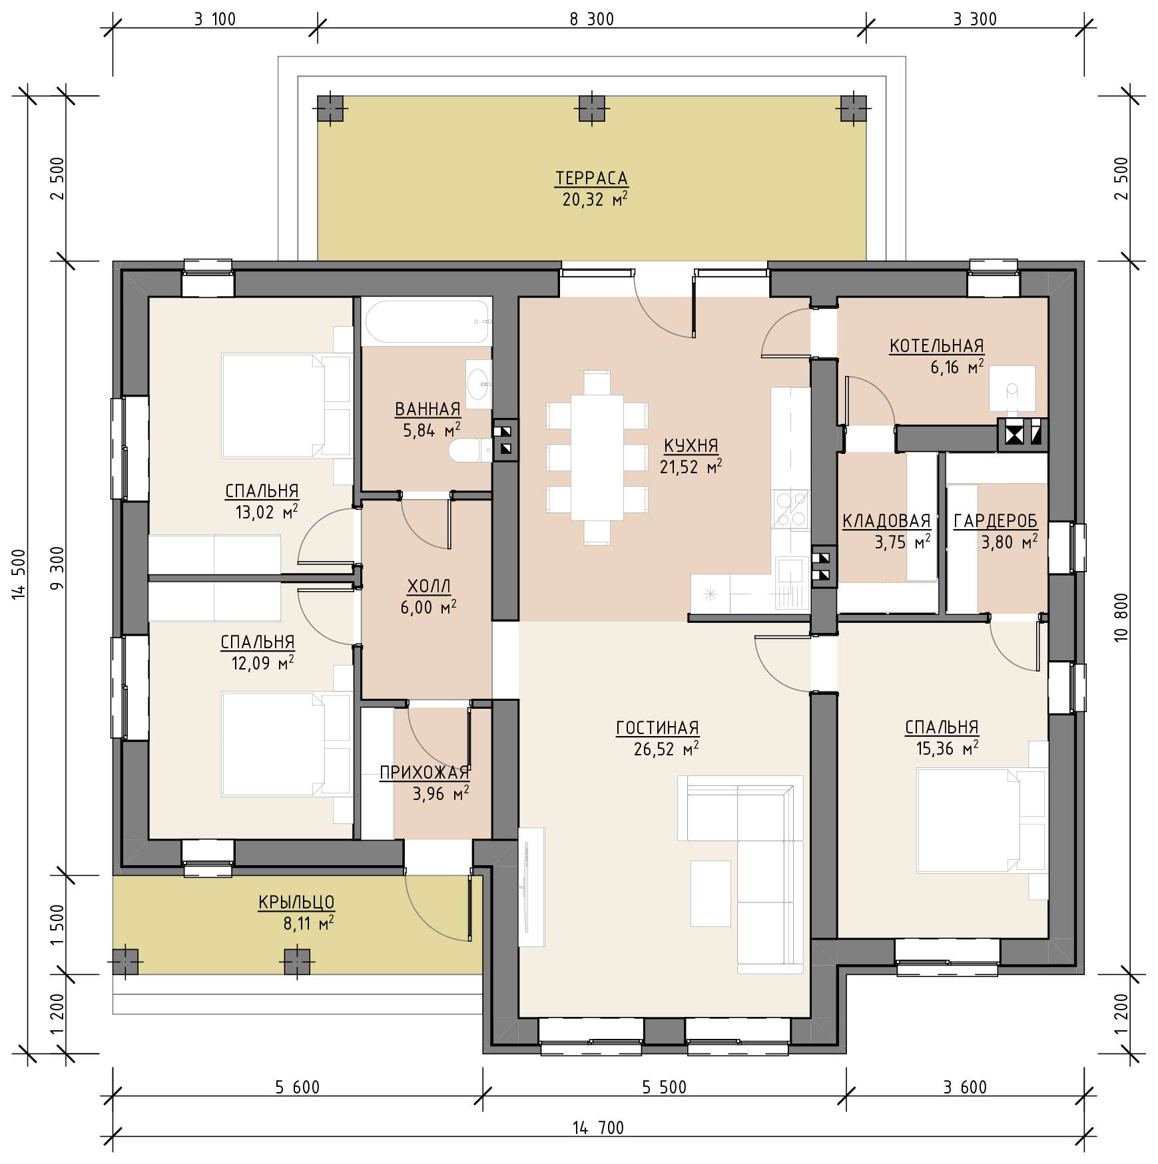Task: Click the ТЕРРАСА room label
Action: click(591, 178)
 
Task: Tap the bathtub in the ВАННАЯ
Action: click(427, 322)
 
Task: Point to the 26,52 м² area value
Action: click(666, 749)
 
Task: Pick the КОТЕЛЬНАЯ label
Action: click(936, 346)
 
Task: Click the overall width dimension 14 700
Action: click(598, 1127)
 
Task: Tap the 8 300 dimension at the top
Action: click(591, 19)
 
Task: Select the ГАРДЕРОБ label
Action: click(996, 521)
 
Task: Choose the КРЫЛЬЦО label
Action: click(296, 902)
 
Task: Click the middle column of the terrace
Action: click(591, 108)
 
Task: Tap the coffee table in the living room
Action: click(711, 893)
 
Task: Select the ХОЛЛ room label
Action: click(429, 586)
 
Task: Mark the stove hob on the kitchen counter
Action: click(790, 509)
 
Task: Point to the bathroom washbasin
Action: click(478, 384)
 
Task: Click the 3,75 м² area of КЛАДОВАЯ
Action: click(902, 542)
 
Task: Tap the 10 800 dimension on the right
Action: click(1121, 617)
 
